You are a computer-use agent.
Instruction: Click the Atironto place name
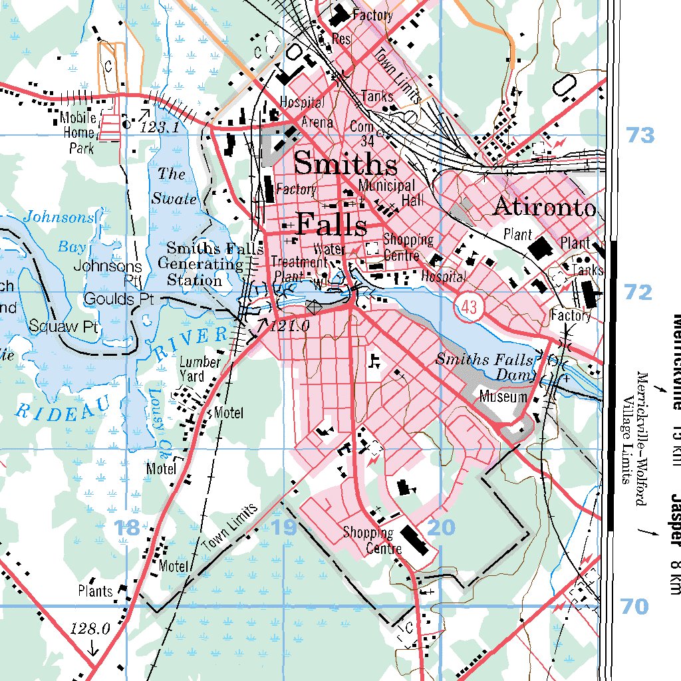click(543, 207)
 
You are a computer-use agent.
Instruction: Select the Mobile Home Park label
click(78, 133)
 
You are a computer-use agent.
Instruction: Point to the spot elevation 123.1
click(160, 127)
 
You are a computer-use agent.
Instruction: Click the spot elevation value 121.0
click(291, 326)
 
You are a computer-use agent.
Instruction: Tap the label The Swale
click(174, 186)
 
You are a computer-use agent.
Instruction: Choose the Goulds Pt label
click(118, 299)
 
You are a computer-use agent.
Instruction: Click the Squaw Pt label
click(63, 327)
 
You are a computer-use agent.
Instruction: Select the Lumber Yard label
click(200, 369)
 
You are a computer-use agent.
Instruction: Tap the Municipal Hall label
click(386, 192)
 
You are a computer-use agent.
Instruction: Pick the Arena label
click(317, 122)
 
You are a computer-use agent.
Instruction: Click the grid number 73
click(640, 136)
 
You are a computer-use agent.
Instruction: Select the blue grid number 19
click(284, 528)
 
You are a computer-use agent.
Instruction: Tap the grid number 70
click(634, 607)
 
